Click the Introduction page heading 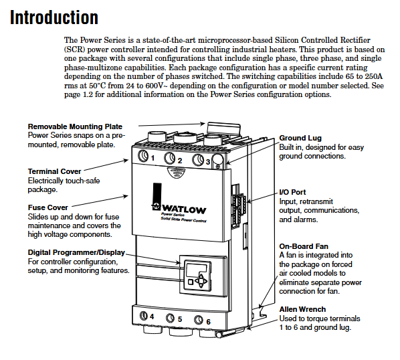54,17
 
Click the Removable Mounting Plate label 75,126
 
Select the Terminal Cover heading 54,171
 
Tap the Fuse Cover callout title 48,207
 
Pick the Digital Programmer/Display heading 76,252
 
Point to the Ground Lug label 300,138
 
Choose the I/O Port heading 292,192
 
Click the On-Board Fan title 304,246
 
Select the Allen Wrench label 302,309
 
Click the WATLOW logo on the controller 180,209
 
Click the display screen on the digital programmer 197,271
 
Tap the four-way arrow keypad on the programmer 201,281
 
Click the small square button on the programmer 191,282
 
